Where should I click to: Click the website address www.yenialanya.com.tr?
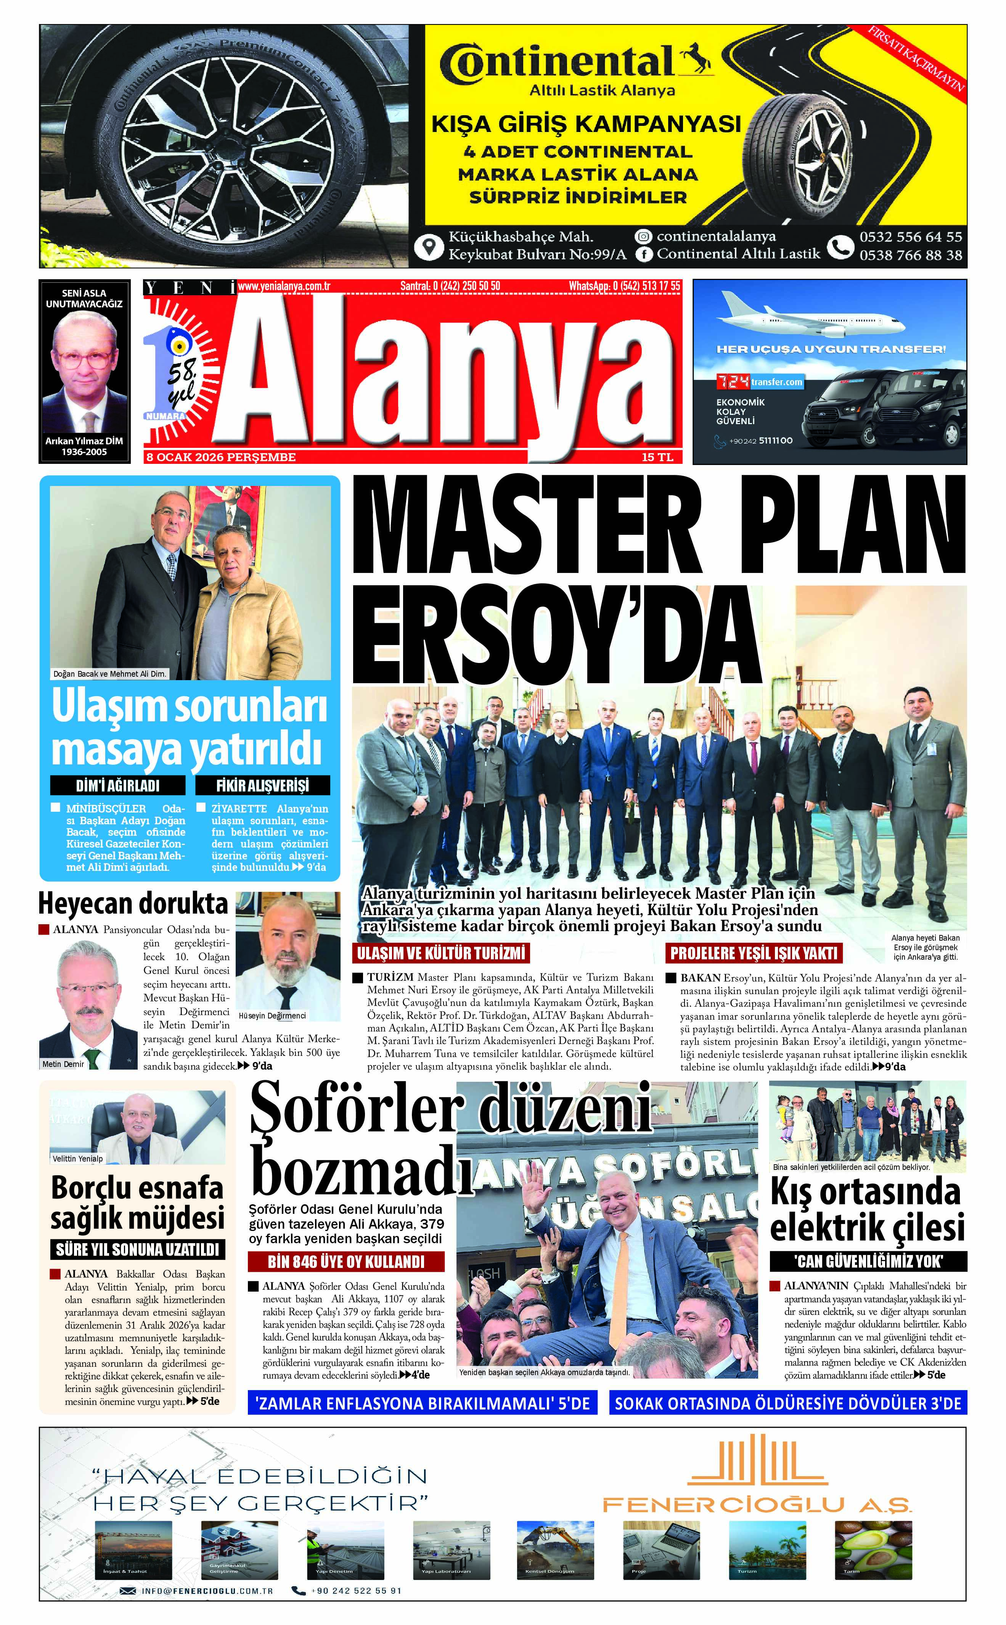click(284, 286)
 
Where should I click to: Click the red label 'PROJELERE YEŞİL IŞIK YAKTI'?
click(754, 953)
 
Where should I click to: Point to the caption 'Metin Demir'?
click(63, 1064)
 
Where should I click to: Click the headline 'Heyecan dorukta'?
click(133, 904)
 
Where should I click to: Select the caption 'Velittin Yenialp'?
click(78, 1158)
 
